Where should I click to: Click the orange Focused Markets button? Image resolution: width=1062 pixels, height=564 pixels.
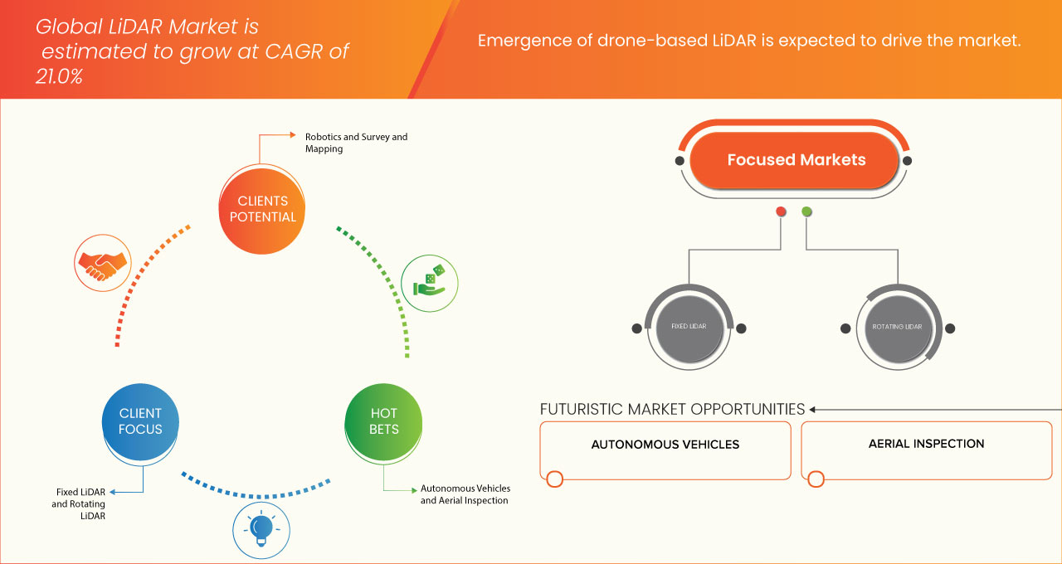[x=796, y=160]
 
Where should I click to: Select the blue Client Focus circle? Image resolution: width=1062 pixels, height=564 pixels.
[x=140, y=421]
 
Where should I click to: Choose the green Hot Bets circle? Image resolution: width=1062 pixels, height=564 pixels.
[x=383, y=421]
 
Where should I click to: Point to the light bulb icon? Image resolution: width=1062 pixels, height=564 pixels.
[x=261, y=528]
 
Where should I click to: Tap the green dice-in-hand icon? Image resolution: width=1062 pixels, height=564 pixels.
[x=429, y=283]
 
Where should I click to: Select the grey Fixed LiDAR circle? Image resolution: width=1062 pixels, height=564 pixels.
[x=689, y=327]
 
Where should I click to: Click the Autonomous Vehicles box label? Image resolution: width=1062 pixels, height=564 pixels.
[x=665, y=445]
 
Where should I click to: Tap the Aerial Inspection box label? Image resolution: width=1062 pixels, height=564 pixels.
[x=926, y=444]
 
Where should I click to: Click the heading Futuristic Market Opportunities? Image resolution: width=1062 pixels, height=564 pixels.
[x=672, y=409]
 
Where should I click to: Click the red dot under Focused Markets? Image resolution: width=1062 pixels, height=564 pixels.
[x=781, y=211]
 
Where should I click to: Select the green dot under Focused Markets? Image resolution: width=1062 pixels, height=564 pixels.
[x=806, y=211]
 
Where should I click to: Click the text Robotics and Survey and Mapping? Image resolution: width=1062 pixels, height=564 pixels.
[x=356, y=143]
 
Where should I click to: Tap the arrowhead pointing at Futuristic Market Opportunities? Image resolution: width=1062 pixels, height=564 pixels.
[x=813, y=409]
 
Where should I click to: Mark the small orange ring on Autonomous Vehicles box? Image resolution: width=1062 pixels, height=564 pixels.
[x=555, y=479]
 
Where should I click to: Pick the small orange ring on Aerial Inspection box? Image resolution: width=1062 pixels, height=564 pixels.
[x=816, y=479]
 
